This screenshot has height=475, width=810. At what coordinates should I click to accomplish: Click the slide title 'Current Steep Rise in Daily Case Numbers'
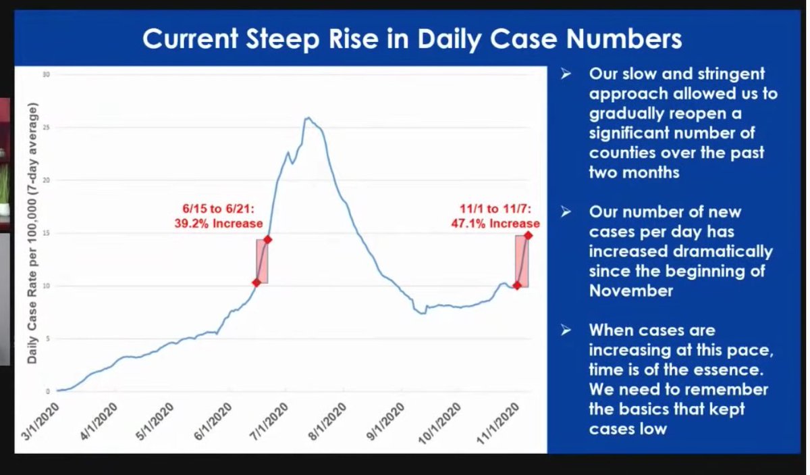point(411,40)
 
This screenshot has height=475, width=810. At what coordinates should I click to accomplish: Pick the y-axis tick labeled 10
point(47,286)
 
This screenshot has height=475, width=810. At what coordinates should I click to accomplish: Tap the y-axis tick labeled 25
point(47,127)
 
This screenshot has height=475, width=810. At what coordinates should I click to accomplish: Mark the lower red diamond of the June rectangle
point(256,282)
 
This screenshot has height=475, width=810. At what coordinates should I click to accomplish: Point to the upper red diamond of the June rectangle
point(268,239)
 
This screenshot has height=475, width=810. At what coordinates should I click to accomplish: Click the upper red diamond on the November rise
point(528,235)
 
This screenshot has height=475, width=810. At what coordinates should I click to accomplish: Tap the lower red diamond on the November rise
point(517,285)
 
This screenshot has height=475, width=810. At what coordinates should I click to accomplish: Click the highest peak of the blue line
point(307,118)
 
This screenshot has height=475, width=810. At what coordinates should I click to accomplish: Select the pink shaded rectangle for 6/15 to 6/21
point(262,261)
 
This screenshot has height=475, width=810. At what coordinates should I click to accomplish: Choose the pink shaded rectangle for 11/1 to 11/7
point(522,261)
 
